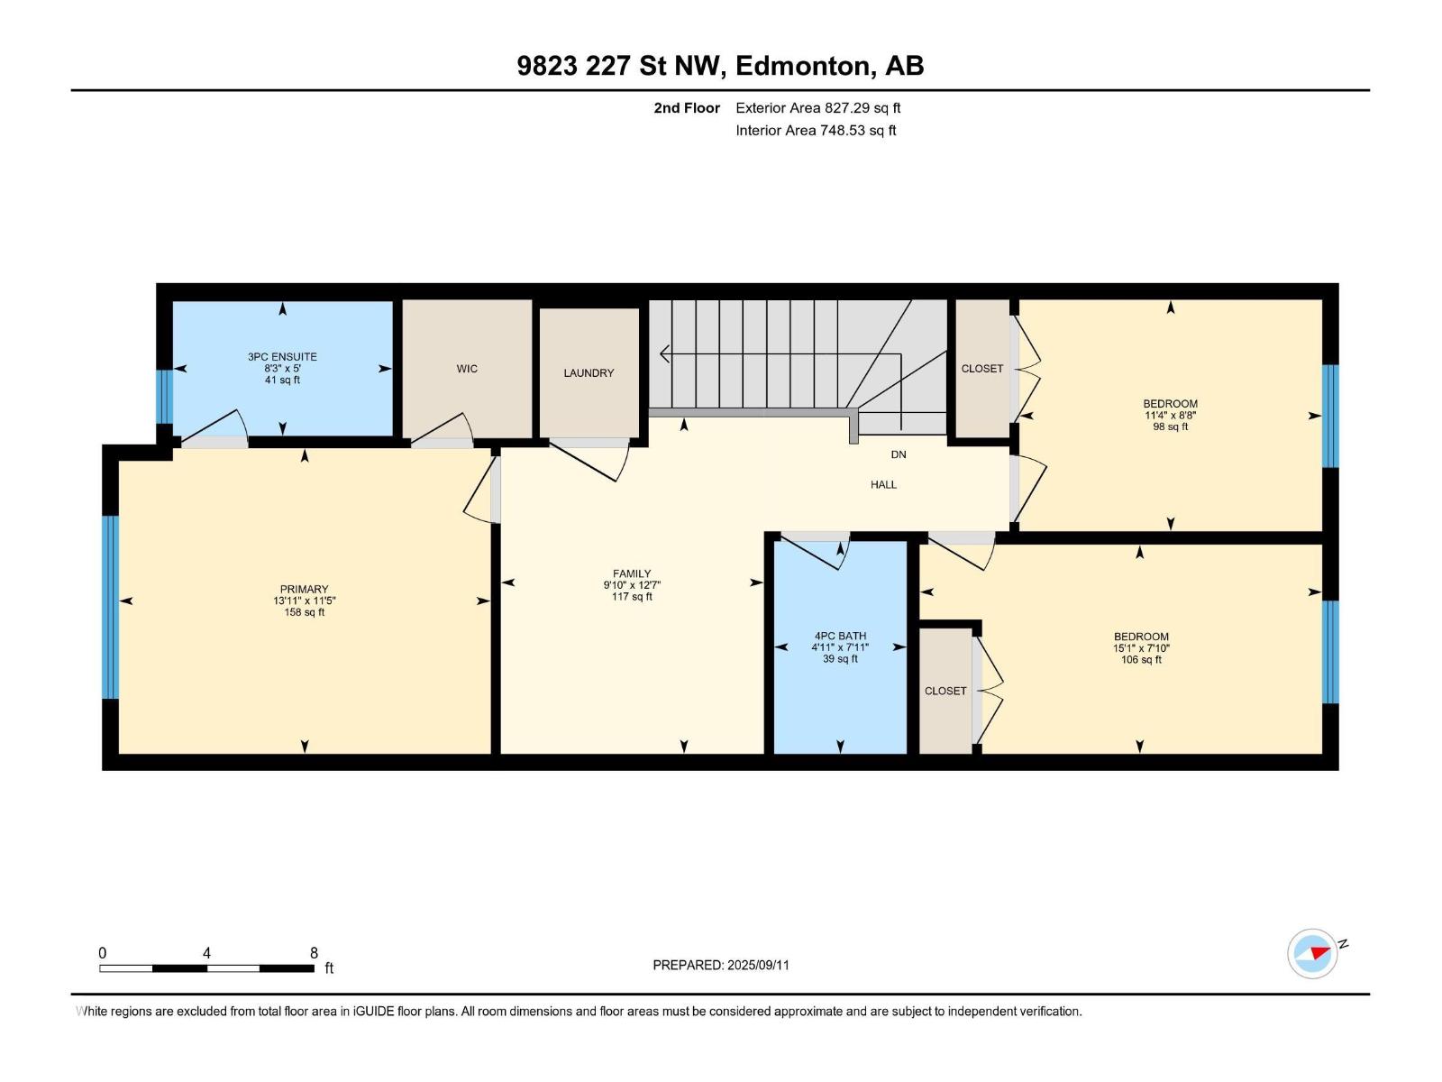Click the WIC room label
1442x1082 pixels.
[467, 369]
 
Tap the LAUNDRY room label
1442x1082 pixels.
[588, 372]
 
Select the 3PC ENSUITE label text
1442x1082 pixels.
[282, 357]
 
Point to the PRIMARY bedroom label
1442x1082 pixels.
[304, 590]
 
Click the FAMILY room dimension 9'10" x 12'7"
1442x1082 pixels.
[632, 584]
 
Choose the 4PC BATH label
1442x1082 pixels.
[840, 636]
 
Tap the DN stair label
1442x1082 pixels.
[898, 454]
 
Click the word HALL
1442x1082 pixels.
[883, 485]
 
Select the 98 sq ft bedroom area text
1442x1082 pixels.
[1170, 426]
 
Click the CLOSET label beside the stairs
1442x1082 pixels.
[981, 369]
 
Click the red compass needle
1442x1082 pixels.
[1319, 952]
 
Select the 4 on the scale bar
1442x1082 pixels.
[206, 953]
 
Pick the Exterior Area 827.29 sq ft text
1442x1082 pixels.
[818, 107]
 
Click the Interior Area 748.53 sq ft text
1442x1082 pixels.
[816, 130]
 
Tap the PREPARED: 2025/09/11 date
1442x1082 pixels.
[721, 965]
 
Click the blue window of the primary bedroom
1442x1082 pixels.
[110, 607]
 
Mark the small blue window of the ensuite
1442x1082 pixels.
[164, 397]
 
